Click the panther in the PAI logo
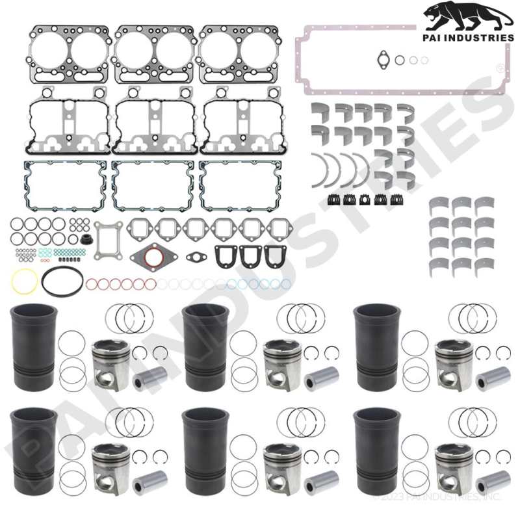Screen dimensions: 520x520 [x=467, y=17]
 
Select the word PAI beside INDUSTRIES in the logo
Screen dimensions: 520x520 [x=432, y=38]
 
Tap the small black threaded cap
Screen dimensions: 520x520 [x=86, y=240]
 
